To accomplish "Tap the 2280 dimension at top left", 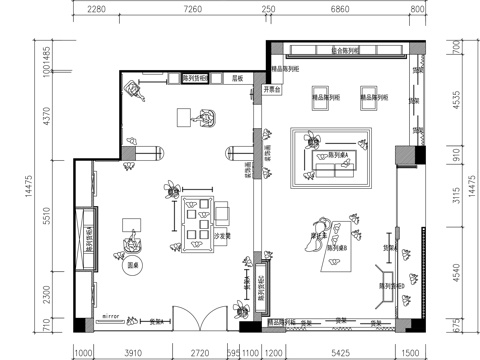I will click(97, 8).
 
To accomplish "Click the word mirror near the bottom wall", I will click(111, 316).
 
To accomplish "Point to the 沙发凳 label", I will click(224, 236).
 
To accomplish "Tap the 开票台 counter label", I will click(272, 88).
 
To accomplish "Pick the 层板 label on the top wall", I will click(239, 76).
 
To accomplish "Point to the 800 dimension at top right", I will click(418, 8).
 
